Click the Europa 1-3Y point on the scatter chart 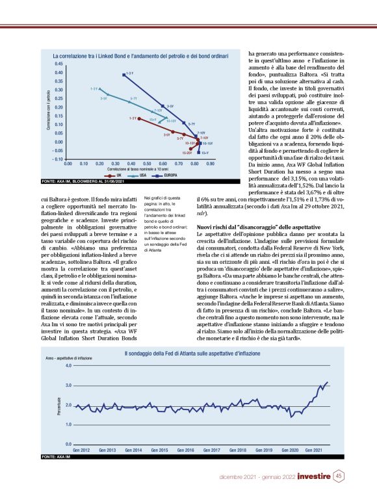tap(123, 75)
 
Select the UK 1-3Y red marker tap(138, 119)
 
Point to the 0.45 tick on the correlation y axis tap(58, 64)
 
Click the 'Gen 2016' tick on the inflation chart tap(186, 450)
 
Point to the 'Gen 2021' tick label tap(313, 450)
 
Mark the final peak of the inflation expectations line tap(327, 382)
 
